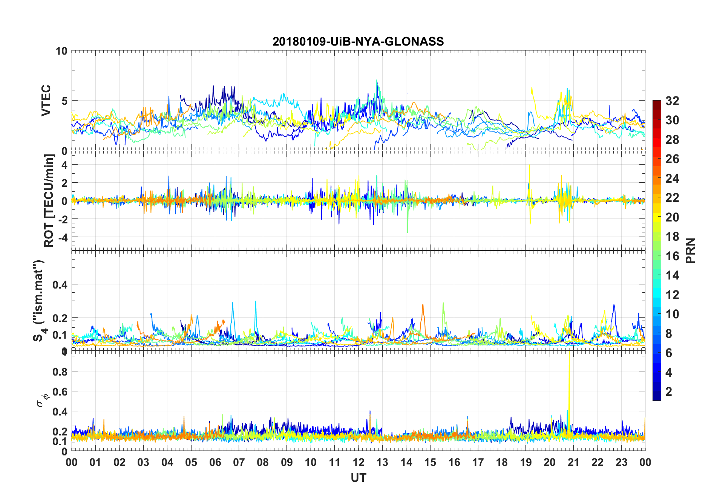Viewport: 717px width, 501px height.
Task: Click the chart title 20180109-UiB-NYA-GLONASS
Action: pos(358,41)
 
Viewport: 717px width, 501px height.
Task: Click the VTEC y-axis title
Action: pos(46,101)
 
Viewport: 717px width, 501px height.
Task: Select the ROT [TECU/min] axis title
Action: pos(49,200)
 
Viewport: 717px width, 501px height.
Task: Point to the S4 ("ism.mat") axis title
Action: pos(39,301)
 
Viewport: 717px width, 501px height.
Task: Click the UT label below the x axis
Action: pos(358,478)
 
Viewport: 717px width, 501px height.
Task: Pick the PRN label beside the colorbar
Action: pos(691,250)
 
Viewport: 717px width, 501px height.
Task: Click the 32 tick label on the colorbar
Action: pos(672,101)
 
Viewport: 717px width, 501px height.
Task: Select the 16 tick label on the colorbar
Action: pos(672,256)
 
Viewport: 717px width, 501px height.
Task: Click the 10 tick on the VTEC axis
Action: pos(61,51)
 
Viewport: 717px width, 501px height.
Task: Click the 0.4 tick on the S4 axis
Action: pos(60,285)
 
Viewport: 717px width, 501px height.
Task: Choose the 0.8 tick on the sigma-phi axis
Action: pos(60,372)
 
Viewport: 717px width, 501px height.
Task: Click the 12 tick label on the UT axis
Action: pos(358,463)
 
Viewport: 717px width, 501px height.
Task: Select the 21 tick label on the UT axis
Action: pos(573,463)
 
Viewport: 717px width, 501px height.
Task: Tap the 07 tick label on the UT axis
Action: pos(239,463)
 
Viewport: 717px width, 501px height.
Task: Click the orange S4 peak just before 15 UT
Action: pos(423,306)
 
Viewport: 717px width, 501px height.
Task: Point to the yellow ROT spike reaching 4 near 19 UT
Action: pos(529,166)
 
